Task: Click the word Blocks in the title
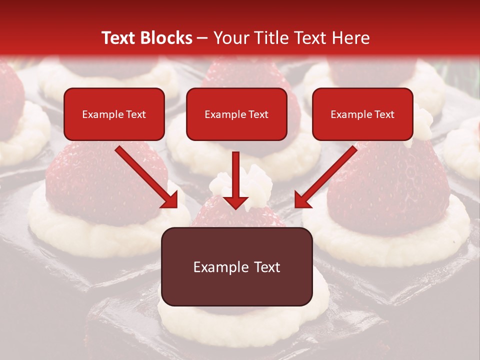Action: click(x=167, y=38)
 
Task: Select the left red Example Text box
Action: click(x=114, y=114)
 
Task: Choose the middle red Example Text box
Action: click(x=236, y=114)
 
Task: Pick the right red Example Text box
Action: click(x=362, y=114)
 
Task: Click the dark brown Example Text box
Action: click(x=236, y=266)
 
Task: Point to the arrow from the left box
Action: click(x=145, y=175)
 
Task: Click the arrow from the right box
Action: click(x=327, y=175)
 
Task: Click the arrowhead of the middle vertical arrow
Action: click(x=236, y=201)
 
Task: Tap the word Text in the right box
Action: click(x=384, y=114)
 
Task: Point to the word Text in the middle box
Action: click(x=258, y=114)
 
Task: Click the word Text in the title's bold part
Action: click(x=118, y=38)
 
